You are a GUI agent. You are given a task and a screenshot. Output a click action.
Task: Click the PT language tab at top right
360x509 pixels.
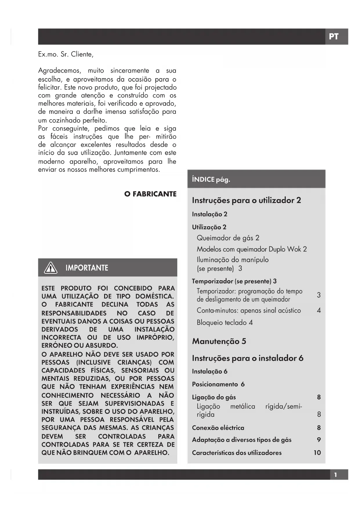click(334, 37)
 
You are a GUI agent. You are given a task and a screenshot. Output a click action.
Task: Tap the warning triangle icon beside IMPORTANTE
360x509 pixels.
click(50, 268)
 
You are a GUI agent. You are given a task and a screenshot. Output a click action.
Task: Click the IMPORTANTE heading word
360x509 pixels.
click(87, 268)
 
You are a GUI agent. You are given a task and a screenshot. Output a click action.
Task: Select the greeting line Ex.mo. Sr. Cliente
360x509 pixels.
click(66, 55)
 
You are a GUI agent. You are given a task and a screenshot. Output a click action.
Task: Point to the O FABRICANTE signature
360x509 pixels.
click(150, 194)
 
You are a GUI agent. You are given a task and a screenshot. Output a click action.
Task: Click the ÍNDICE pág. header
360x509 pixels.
click(211, 180)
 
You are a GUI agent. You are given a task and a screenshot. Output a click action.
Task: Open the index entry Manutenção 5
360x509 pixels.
click(219, 341)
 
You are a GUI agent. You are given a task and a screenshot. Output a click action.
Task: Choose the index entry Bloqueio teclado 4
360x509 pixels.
click(225, 323)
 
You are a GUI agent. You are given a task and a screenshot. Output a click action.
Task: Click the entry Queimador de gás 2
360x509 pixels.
click(228, 238)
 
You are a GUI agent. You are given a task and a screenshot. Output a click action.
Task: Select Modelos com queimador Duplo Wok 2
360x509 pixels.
click(252, 249)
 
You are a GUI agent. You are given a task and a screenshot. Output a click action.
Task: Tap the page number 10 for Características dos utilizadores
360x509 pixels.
click(317, 453)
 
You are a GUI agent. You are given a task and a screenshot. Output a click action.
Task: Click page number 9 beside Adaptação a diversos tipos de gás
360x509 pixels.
click(319, 440)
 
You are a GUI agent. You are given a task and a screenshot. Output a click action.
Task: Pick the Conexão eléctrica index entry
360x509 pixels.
click(218, 428)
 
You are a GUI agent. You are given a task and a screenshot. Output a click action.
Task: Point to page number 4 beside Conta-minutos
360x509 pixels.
click(319, 311)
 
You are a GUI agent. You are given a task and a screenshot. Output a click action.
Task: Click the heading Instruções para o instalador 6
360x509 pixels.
click(247, 358)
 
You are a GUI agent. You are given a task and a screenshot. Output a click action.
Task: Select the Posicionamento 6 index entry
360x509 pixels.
click(218, 385)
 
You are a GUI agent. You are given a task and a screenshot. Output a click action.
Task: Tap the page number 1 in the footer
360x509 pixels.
click(336, 475)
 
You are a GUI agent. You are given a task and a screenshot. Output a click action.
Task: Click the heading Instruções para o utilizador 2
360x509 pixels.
click(246, 201)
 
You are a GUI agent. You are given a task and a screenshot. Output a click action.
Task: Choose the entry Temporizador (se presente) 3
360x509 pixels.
click(234, 281)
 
